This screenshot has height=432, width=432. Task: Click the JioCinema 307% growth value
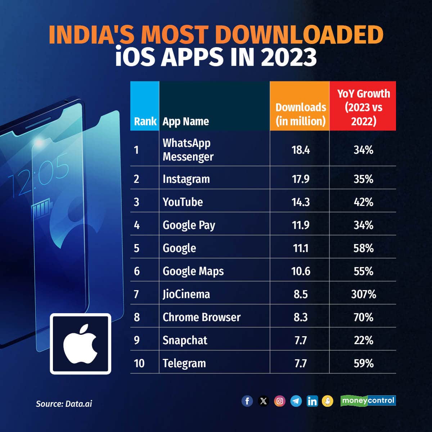tap(363, 294)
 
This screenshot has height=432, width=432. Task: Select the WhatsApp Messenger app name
tap(188, 149)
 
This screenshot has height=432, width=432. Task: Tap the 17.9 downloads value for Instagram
tap(301, 179)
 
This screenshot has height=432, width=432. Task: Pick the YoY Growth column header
tap(363, 107)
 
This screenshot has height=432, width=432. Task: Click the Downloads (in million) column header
tap(301, 114)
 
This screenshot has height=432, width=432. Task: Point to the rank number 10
tap(139, 363)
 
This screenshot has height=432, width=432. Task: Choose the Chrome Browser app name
tap(201, 317)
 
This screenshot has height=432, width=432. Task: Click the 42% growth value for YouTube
tap(363, 202)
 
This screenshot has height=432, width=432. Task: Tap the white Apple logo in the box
tap(80, 344)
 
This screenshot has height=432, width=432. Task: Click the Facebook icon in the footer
tap(247, 401)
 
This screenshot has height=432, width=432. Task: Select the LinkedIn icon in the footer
tap(312, 401)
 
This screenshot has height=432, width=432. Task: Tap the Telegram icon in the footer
tap(296, 401)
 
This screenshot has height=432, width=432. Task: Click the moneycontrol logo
tap(368, 401)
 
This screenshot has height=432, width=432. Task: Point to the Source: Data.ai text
tap(64, 404)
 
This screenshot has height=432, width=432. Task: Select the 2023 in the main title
tap(288, 57)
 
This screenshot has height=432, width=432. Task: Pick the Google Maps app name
tap(193, 271)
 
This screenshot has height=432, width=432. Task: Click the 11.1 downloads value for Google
tap(301, 248)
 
